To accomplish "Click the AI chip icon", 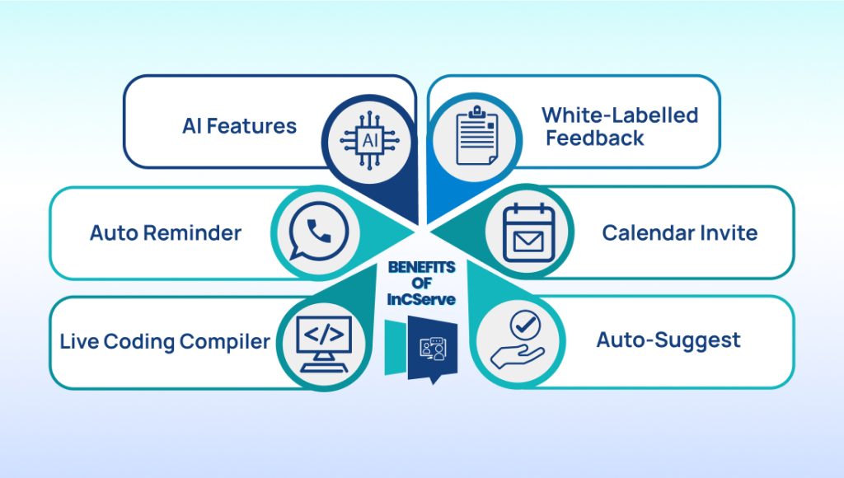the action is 370,140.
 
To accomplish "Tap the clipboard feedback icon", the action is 476,136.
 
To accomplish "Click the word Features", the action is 251,126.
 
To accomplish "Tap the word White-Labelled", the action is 620,115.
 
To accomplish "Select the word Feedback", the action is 595,138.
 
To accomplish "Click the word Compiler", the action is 224,342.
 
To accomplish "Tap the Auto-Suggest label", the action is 668,340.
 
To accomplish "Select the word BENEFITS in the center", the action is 421,267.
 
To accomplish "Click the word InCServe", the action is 421,299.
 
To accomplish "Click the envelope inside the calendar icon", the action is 528,241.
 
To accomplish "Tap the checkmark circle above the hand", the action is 525,324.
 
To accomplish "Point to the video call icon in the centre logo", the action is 433,349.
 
